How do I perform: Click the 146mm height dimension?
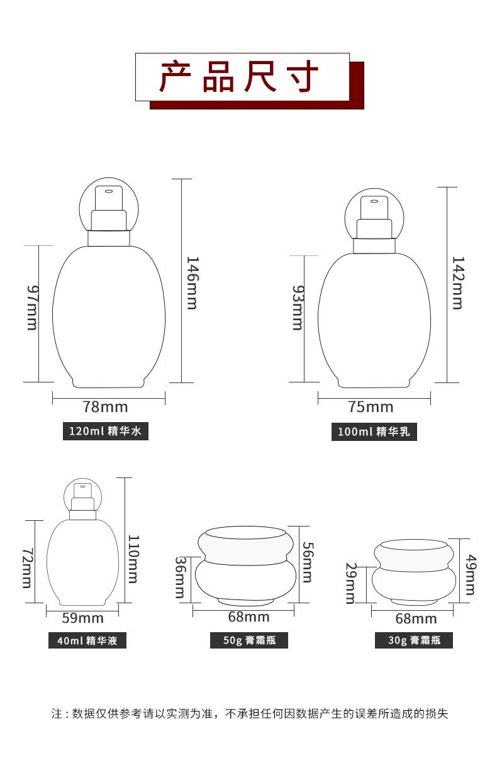pyautogui.click(x=193, y=283)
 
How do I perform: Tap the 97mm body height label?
pyautogui.click(x=32, y=308)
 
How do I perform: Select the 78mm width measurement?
pyautogui.click(x=105, y=407)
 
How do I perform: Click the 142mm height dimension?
pyautogui.click(x=457, y=283)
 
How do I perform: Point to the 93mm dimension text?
pyautogui.click(x=298, y=308)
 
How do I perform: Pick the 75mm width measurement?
pyautogui.click(x=371, y=407)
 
